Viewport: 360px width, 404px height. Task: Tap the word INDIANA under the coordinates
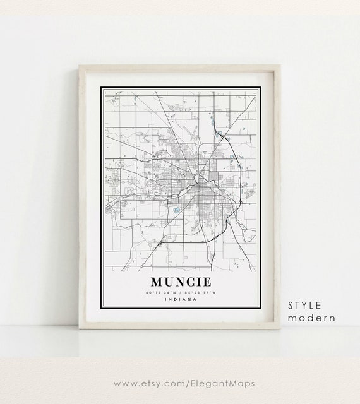pyautogui.click(x=180, y=300)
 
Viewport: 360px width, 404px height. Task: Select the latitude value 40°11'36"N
pyautogui.click(x=160, y=292)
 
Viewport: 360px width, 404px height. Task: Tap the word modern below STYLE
pyautogui.click(x=311, y=318)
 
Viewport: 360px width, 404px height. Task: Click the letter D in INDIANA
pyautogui.click(x=175, y=300)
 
